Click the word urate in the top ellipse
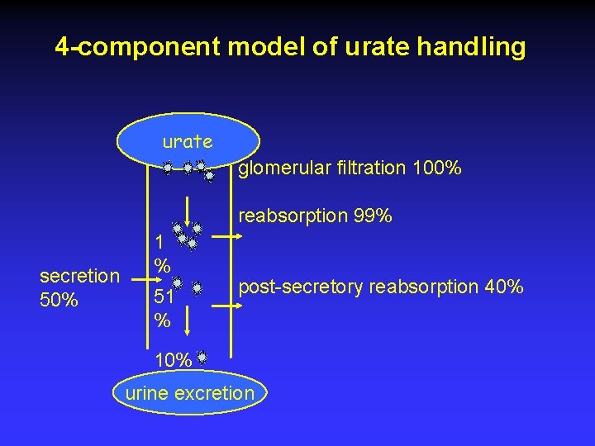pos(188,142)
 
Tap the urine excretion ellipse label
pos(189,392)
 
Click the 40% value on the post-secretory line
pos(503,287)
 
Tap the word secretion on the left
pos(79,276)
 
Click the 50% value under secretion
pos(59,300)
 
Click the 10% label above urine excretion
pos(174,360)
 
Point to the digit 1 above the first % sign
pos(159,242)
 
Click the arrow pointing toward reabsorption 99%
pos(230,235)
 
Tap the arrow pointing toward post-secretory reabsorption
pos(230,305)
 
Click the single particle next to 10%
pos(201,358)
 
